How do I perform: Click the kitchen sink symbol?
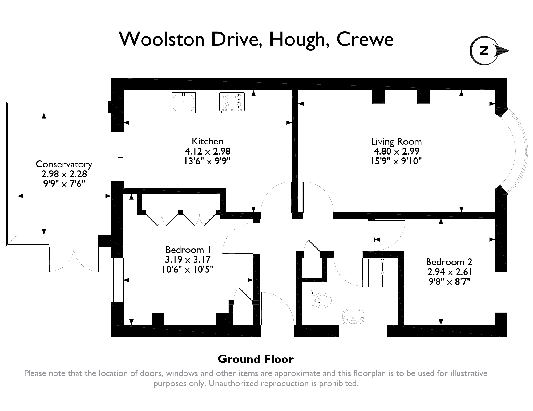(x=184, y=102)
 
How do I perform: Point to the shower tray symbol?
(x=382, y=273)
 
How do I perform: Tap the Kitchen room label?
(x=207, y=141)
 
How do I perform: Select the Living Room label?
(x=396, y=142)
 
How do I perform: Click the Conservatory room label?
(x=64, y=164)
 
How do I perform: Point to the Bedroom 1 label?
(x=188, y=250)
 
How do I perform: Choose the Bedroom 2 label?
(x=449, y=262)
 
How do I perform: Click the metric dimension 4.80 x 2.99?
(x=396, y=151)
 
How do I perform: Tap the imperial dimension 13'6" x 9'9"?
(x=207, y=161)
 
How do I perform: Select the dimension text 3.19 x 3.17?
(x=188, y=260)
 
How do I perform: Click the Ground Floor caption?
(x=256, y=359)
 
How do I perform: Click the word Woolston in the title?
(x=161, y=39)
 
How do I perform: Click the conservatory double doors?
(x=74, y=259)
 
